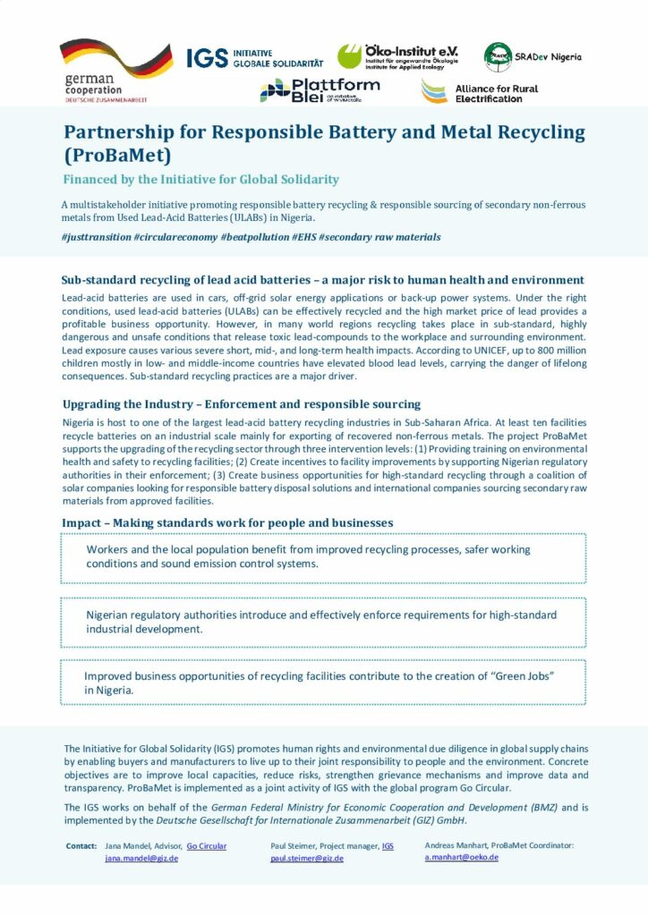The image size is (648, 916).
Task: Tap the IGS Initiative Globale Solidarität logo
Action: click(243, 58)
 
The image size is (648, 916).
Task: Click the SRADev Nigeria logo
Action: click(533, 57)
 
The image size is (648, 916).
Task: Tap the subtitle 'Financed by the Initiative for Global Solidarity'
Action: click(200, 180)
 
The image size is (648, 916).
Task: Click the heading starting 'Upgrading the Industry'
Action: click(241, 404)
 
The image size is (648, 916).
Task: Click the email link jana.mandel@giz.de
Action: click(141, 858)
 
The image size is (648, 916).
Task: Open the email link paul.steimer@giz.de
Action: click(307, 858)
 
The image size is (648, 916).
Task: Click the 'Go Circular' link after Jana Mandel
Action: click(207, 845)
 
